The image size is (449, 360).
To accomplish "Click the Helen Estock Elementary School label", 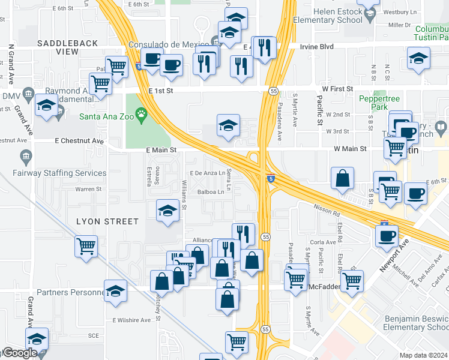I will (337, 16).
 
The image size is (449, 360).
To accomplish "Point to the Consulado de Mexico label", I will (169, 45).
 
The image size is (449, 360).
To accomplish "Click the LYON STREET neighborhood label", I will (107, 221).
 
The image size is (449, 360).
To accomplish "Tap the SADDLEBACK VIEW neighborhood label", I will (58, 47).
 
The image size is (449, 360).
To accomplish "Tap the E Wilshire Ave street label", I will (129, 320).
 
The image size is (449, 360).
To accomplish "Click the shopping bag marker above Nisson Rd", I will (342, 179).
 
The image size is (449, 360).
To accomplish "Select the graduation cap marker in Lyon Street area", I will (168, 211).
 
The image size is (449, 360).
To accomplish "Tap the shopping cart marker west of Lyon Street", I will (86, 245).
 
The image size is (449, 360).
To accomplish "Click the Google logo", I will (20, 353).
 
